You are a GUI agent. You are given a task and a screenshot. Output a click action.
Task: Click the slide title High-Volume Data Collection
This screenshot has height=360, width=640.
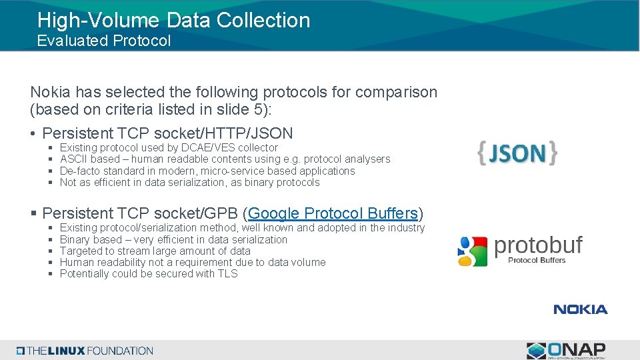click(173, 20)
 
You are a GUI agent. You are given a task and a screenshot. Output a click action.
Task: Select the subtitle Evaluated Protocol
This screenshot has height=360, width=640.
click(104, 41)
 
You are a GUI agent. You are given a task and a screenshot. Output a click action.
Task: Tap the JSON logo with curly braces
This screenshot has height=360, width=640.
click(517, 153)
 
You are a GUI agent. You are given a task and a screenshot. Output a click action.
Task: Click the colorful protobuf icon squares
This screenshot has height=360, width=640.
click(473, 251)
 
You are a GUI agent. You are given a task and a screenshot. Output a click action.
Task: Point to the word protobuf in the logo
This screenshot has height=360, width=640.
click(538, 245)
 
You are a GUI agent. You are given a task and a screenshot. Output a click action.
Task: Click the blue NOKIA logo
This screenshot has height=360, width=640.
click(580, 309)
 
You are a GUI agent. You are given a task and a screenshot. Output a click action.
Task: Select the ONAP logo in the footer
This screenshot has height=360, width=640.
click(566, 351)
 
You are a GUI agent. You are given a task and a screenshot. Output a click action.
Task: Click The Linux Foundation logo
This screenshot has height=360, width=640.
click(85, 351)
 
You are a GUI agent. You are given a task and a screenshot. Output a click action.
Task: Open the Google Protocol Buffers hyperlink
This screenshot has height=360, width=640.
click(333, 213)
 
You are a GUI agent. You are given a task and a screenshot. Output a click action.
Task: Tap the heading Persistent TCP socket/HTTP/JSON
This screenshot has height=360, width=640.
click(167, 133)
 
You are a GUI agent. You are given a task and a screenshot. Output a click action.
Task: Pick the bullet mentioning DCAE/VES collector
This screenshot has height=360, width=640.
click(169, 147)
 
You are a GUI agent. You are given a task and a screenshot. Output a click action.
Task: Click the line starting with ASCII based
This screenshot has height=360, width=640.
click(225, 159)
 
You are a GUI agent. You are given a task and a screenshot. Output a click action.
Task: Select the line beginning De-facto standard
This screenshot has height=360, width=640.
click(207, 171)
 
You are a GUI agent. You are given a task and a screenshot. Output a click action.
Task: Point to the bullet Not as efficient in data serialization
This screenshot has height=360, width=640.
click(189, 183)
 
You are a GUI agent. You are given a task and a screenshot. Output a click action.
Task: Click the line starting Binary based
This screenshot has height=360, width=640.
click(173, 239)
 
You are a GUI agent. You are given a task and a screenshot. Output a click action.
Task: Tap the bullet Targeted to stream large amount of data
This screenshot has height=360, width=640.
click(155, 251)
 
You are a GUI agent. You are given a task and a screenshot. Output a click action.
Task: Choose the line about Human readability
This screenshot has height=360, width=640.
click(192, 262)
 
